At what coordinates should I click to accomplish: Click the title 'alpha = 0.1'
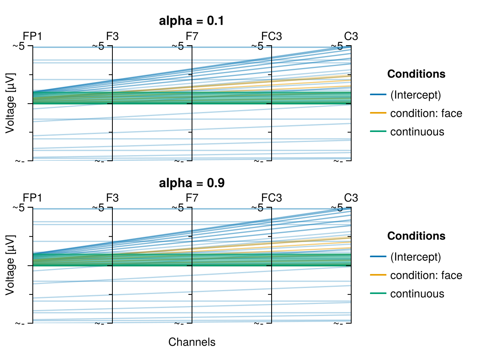click(x=192, y=22)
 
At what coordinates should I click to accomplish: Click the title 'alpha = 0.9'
click(x=192, y=184)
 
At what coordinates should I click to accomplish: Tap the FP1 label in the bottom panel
click(x=32, y=198)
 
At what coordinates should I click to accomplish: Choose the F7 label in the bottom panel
click(x=192, y=198)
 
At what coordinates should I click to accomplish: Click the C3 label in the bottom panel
click(x=351, y=198)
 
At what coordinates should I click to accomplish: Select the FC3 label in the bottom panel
click(x=272, y=198)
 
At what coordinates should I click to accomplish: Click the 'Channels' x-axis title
click(x=192, y=342)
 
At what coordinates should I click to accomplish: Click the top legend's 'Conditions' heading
click(x=416, y=74)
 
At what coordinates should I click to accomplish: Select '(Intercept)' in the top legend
click(x=415, y=95)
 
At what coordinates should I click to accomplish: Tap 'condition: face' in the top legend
click(x=426, y=114)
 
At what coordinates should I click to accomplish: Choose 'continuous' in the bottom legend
click(x=417, y=294)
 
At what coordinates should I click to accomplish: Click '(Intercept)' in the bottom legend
click(x=415, y=257)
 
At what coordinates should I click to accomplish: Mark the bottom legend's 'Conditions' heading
click(x=416, y=236)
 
